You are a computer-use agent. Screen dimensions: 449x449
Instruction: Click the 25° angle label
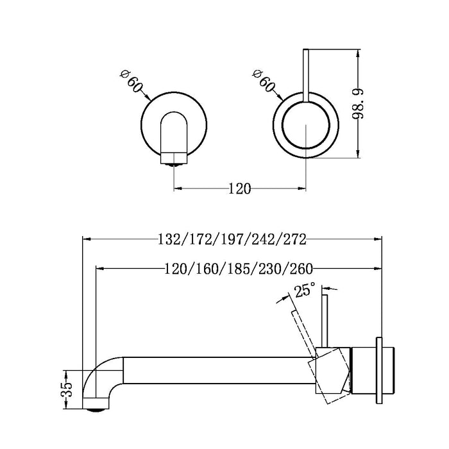[x=304, y=291]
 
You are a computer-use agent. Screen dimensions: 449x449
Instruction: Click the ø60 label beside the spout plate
[x=131, y=85]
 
